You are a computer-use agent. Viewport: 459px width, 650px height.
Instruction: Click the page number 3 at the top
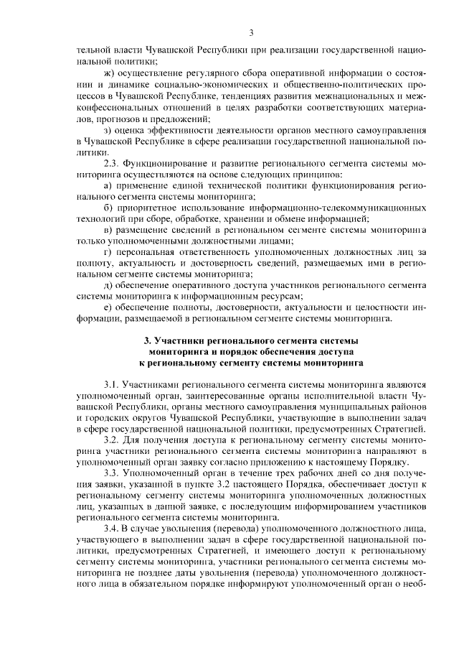click(x=251, y=32)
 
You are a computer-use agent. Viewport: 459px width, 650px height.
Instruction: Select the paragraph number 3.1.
click(x=113, y=385)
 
